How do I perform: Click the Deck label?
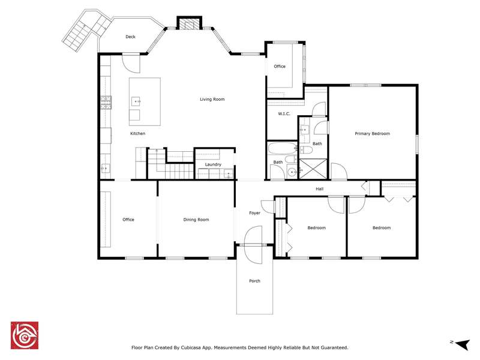coord(130,37)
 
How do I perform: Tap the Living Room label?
coord(212,99)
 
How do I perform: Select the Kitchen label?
coord(138,133)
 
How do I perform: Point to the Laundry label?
coord(213,164)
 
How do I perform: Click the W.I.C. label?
coord(284,113)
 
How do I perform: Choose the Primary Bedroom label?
coord(372,133)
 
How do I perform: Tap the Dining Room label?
coord(196,220)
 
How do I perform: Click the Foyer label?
coord(254,213)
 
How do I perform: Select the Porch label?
coord(254,281)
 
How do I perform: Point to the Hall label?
coord(320,189)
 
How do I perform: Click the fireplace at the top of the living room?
coord(189,23)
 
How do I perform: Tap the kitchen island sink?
coord(136,101)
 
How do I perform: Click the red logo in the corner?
coord(25,335)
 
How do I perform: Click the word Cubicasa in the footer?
coord(191,347)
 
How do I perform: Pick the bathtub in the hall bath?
coord(283,149)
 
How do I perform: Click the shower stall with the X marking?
coord(313,169)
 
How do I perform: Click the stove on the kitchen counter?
coord(106,103)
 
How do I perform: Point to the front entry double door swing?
coord(253,245)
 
